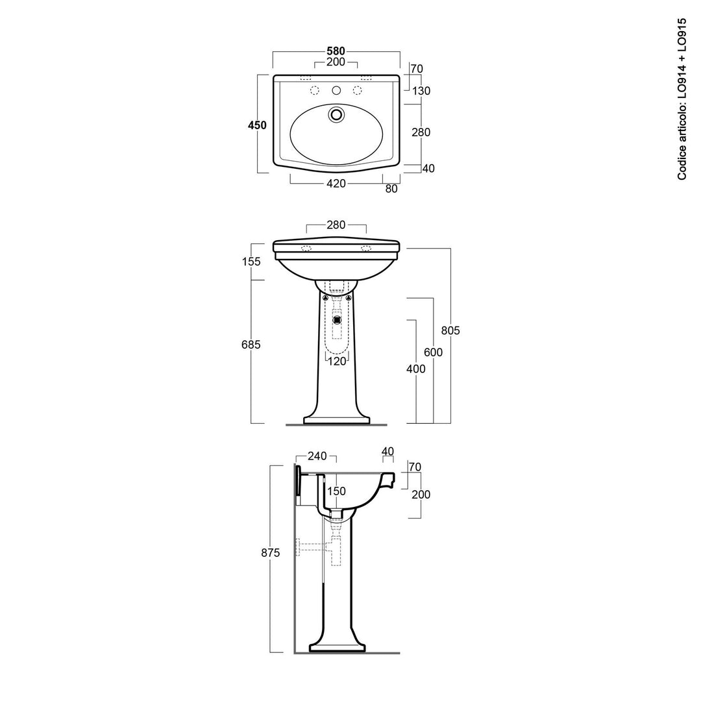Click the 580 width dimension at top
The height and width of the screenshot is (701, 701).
pyautogui.click(x=336, y=51)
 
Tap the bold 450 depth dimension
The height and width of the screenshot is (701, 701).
pyautogui.click(x=257, y=125)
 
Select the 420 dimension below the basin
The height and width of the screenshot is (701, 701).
pyautogui.click(x=336, y=184)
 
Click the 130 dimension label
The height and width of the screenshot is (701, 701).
pyautogui.click(x=421, y=91)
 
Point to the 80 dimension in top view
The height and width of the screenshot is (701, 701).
pyautogui.click(x=391, y=189)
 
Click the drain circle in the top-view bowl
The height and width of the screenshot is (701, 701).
pyautogui.click(x=336, y=115)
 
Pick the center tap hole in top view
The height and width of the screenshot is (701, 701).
pyautogui.click(x=336, y=90)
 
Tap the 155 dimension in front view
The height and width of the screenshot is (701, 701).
pyautogui.click(x=251, y=262)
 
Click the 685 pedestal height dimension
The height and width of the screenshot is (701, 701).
pyautogui.click(x=251, y=345)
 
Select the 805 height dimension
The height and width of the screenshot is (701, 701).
pyautogui.click(x=450, y=330)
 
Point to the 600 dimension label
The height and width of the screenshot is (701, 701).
pyautogui.click(x=433, y=352)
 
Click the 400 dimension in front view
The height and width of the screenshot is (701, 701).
pyautogui.click(x=415, y=369)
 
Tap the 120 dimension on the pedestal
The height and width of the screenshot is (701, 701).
pyautogui.click(x=337, y=362)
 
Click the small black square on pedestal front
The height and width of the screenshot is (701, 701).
pyautogui.click(x=336, y=319)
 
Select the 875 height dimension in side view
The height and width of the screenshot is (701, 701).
pyautogui.click(x=271, y=553)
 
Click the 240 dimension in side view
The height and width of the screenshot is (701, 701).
pyautogui.click(x=317, y=456)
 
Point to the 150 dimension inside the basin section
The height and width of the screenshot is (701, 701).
pyautogui.click(x=336, y=491)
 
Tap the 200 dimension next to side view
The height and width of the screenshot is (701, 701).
pyautogui.click(x=421, y=495)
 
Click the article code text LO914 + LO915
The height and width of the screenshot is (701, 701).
pyautogui.click(x=682, y=99)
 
